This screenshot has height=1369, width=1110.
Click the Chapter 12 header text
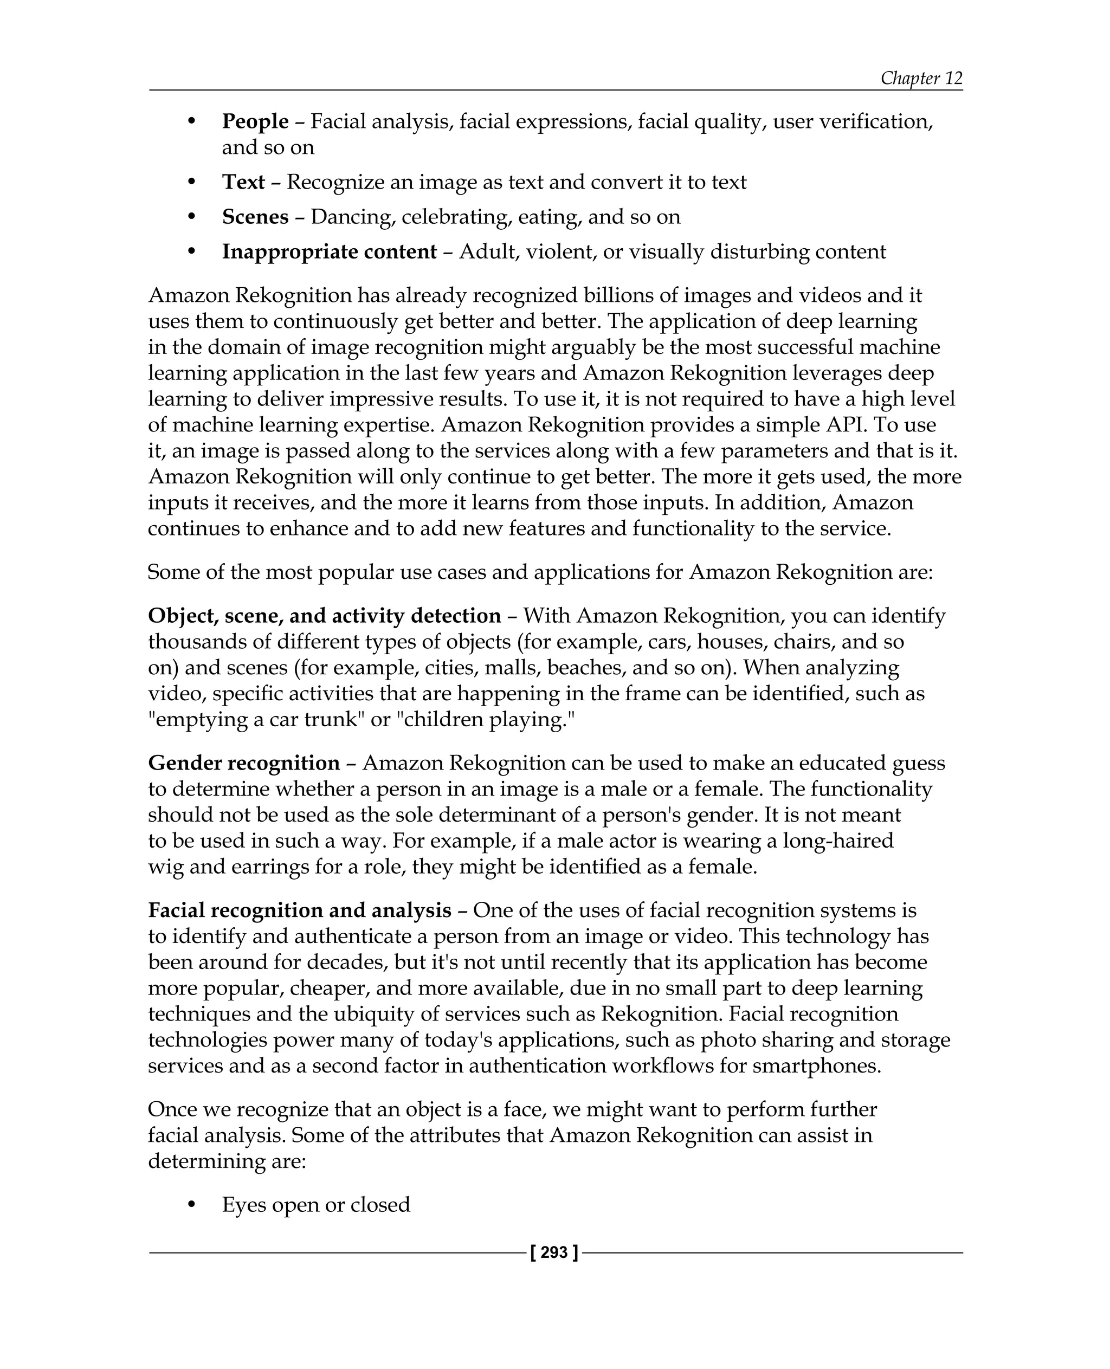pyautogui.click(x=921, y=78)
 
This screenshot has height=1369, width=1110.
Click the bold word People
pyautogui.click(x=255, y=121)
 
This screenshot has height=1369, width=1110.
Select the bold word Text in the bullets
pyautogui.click(x=243, y=182)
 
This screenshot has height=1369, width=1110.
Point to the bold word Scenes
pyautogui.click(x=255, y=217)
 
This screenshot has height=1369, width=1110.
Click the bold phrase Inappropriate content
pyautogui.click(x=330, y=252)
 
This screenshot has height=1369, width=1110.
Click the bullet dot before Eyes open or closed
pyautogui.click(x=191, y=1205)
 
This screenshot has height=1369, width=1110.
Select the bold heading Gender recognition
pyautogui.click(x=243, y=763)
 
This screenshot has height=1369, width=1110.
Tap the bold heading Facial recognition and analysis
pyautogui.click(x=300, y=910)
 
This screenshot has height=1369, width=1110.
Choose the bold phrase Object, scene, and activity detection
pyautogui.click(x=324, y=616)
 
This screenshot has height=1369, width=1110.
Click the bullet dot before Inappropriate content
pyautogui.click(x=191, y=252)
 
